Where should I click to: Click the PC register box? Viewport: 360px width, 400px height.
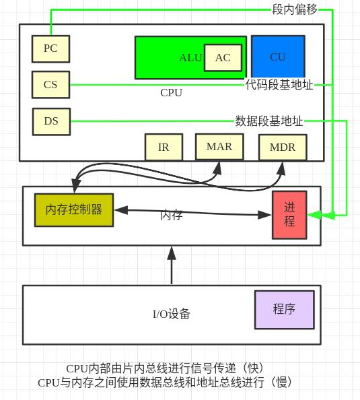pyautogui.click(x=50, y=48)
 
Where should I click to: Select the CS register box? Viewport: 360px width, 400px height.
pyautogui.click(x=50, y=85)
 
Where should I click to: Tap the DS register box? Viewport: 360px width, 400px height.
pyautogui.click(x=51, y=121)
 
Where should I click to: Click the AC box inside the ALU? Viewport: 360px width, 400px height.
pyautogui.click(x=223, y=58)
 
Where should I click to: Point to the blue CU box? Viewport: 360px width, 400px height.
pyautogui.click(x=278, y=57)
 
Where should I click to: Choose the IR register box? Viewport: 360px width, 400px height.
pyautogui.click(x=164, y=147)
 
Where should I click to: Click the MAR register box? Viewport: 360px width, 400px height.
pyautogui.click(x=219, y=147)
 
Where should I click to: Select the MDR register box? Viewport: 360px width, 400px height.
pyautogui.click(x=283, y=147)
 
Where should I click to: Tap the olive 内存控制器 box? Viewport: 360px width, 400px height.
pyautogui.click(x=74, y=209)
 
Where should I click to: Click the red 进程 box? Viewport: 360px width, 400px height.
pyautogui.click(x=289, y=215)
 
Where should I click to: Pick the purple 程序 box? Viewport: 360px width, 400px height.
pyautogui.click(x=284, y=310)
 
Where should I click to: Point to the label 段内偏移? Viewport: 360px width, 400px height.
pyautogui.click(x=295, y=9)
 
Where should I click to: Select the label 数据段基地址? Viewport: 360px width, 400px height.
pyautogui.click(x=269, y=121)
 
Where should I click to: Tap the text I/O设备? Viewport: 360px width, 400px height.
pyautogui.click(x=171, y=314)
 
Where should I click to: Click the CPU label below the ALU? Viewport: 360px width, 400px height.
pyautogui.click(x=171, y=93)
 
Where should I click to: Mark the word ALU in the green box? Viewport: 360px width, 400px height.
pyautogui.click(x=190, y=58)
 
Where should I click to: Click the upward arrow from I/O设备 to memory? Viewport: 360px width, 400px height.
pyautogui.click(x=172, y=265)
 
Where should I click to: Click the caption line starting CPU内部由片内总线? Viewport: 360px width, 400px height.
pyautogui.click(x=165, y=368)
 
